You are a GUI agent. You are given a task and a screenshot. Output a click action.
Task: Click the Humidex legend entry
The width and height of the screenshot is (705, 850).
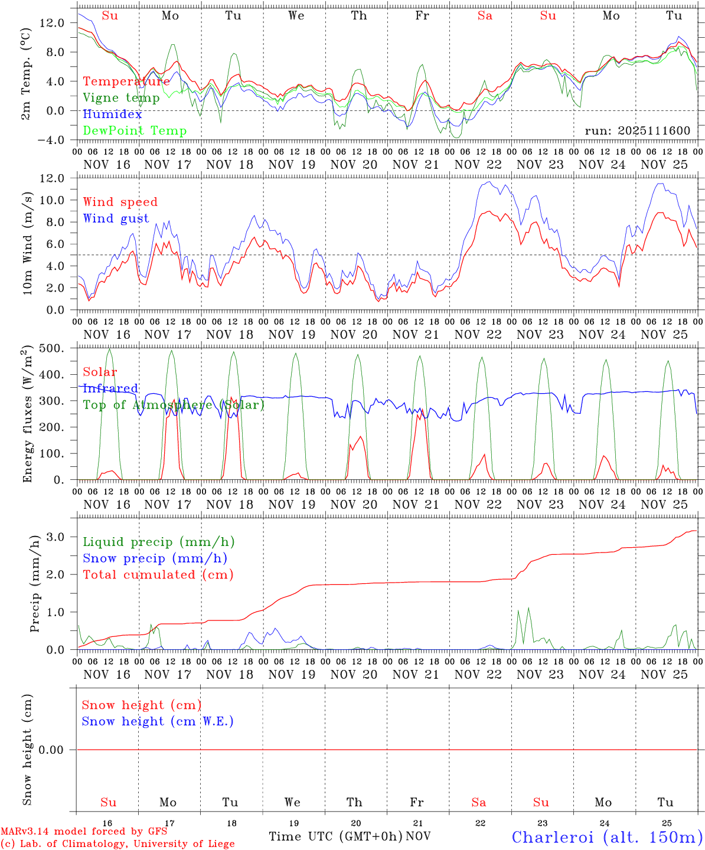point(112,115)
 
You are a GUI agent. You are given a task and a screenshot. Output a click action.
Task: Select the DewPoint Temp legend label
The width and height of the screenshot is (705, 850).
point(135,131)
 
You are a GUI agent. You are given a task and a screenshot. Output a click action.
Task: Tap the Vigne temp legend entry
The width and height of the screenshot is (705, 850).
point(121,98)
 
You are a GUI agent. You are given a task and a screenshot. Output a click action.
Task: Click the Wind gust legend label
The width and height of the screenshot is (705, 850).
point(116,218)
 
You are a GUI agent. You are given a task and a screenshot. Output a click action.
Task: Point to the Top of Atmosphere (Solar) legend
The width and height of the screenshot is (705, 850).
point(173,405)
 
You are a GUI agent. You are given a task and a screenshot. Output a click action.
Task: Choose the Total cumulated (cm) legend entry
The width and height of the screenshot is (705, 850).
point(158,574)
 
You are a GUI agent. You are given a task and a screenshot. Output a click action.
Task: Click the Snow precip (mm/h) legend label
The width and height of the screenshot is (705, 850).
point(155,558)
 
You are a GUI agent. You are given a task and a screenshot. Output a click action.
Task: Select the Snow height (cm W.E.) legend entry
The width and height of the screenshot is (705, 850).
point(158,721)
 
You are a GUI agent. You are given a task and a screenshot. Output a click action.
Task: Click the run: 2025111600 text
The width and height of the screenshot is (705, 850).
point(637,131)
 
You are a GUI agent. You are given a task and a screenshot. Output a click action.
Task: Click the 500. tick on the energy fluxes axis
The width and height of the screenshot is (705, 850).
point(51,348)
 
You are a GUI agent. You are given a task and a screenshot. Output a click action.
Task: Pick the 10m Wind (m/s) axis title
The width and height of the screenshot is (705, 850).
point(28,242)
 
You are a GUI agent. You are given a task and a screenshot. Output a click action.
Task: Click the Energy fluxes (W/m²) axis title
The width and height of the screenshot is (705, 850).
point(28,416)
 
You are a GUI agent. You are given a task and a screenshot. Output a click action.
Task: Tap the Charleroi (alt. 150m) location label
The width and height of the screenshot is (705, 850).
point(607,837)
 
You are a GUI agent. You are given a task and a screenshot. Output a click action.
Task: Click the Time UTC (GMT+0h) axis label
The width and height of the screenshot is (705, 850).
point(335,836)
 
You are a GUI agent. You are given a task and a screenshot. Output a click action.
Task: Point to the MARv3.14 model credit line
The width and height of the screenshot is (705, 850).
point(83,831)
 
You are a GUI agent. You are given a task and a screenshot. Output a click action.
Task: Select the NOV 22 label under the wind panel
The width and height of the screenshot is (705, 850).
point(478,335)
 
